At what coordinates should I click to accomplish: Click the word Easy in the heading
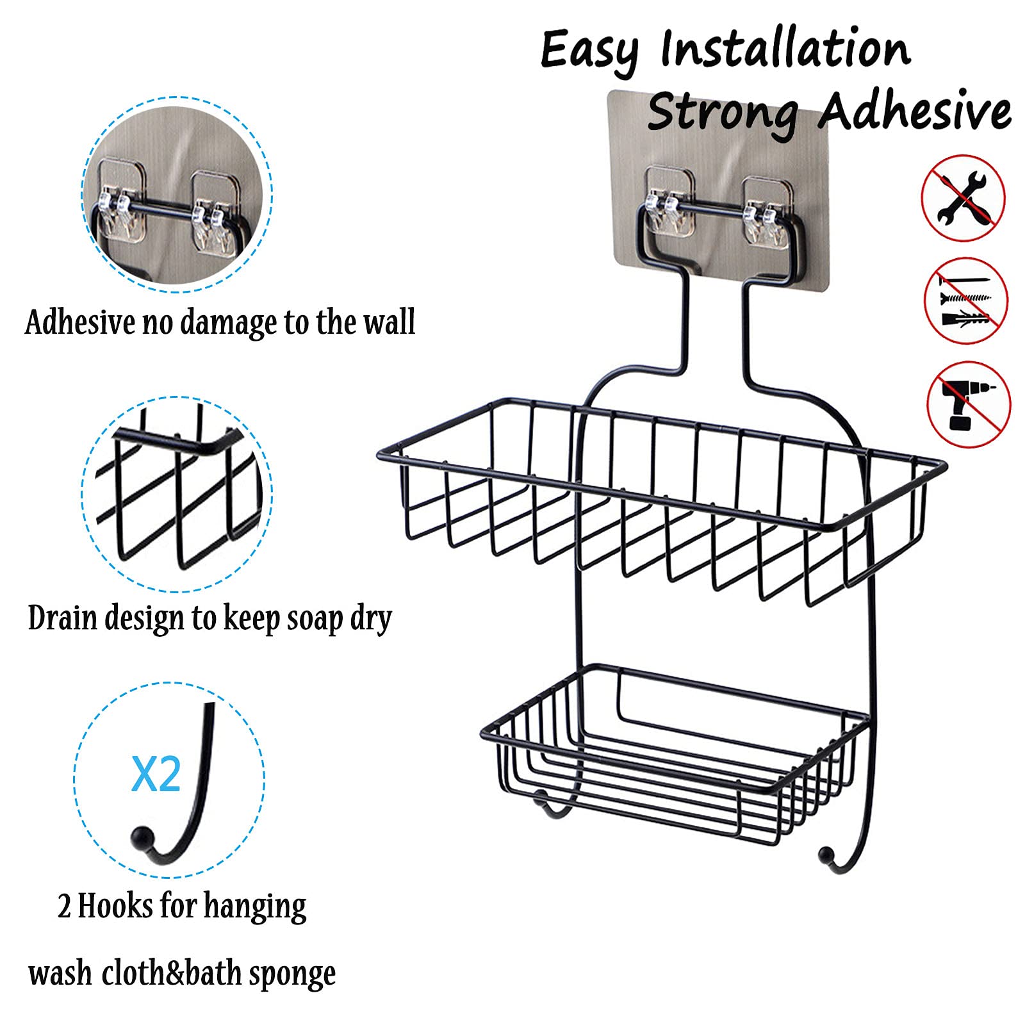tap(589, 51)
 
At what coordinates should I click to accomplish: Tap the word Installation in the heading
tap(785, 47)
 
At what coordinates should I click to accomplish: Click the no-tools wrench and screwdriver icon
tap(963, 198)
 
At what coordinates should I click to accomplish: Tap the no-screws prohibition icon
tap(966, 300)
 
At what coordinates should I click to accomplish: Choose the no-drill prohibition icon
tap(969, 404)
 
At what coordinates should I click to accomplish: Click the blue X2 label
tap(156, 775)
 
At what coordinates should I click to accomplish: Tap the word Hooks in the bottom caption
tap(116, 906)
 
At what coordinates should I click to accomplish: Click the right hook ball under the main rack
tap(827, 854)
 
